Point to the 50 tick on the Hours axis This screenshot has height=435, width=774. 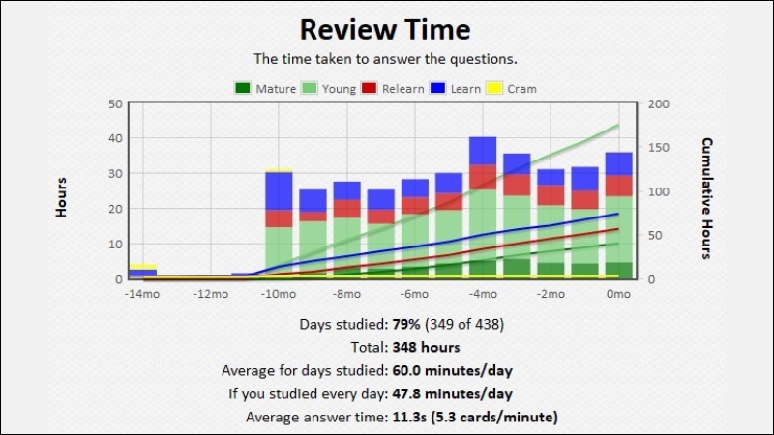click(x=115, y=103)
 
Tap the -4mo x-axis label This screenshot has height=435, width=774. click(x=482, y=294)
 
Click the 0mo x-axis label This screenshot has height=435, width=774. click(x=618, y=294)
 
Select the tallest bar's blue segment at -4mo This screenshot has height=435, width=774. click(x=483, y=151)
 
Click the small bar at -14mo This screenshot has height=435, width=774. click(x=143, y=272)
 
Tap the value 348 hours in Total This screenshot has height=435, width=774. click(x=426, y=347)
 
